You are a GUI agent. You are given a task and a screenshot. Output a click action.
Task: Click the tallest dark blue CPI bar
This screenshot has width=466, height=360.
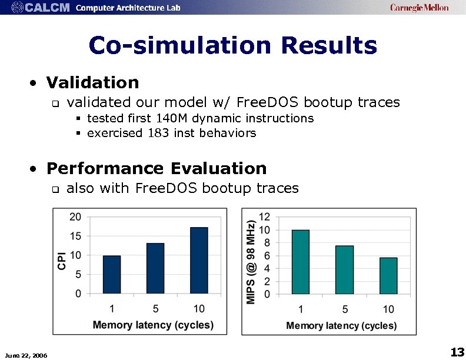pyautogui.click(x=199, y=260)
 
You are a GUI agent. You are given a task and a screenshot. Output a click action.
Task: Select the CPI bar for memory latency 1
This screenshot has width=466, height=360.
pyautogui.click(x=112, y=274)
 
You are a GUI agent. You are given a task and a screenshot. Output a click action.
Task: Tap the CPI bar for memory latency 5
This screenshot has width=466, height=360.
pyautogui.click(x=155, y=268)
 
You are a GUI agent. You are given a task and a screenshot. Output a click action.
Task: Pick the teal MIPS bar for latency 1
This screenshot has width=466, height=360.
pyautogui.click(x=300, y=261)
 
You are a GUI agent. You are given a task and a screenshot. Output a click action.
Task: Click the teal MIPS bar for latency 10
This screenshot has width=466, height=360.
pyautogui.click(x=388, y=275)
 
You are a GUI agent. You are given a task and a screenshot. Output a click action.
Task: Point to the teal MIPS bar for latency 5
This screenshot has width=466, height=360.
pyautogui.click(x=344, y=269)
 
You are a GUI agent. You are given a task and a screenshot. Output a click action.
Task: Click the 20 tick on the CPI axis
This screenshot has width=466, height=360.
pyautogui.click(x=75, y=216)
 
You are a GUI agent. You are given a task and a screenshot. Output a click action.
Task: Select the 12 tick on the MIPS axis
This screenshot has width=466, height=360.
pyautogui.click(x=265, y=217)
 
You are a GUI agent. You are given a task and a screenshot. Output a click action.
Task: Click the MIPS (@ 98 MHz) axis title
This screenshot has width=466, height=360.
pyautogui.click(x=251, y=262)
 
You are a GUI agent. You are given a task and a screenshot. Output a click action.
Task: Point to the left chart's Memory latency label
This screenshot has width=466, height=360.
pyautogui.click(x=153, y=325)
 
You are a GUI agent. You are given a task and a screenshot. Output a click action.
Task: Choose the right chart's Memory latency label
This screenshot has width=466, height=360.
pyautogui.click(x=341, y=325)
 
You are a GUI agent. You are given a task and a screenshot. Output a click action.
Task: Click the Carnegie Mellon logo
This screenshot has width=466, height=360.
pyautogui.click(x=419, y=8)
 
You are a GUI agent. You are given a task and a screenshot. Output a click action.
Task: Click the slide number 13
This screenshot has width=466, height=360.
pyautogui.click(x=457, y=352)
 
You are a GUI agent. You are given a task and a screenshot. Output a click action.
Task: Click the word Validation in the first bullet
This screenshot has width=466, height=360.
pyautogui.click(x=92, y=82)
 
